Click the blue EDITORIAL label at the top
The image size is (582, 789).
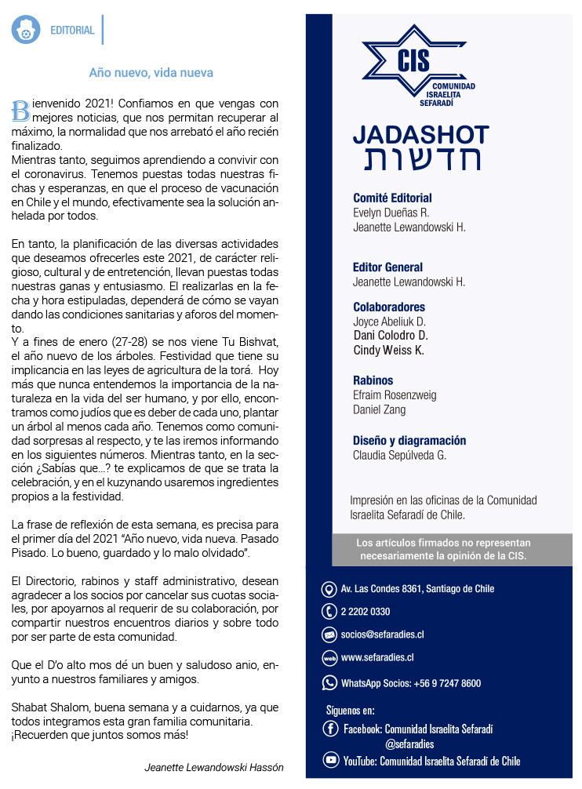tap(72, 31)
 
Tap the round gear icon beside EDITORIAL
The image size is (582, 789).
tap(26, 30)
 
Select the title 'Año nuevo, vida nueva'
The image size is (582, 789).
tap(151, 72)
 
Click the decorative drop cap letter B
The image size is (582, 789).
tap(20, 110)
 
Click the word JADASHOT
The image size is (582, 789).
tap(420, 134)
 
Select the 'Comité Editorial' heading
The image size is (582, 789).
tap(392, 198)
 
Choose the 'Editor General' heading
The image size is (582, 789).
tap(387, 267)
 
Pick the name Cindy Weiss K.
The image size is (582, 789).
tap(389, 350)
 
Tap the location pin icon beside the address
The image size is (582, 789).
tap(329, 589)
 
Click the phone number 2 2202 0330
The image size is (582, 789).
tap(366, 612)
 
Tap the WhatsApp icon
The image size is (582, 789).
tap(329, 682)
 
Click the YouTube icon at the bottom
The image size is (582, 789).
tap(331, 760)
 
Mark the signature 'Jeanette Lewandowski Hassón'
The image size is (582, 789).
tap(214, 767)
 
